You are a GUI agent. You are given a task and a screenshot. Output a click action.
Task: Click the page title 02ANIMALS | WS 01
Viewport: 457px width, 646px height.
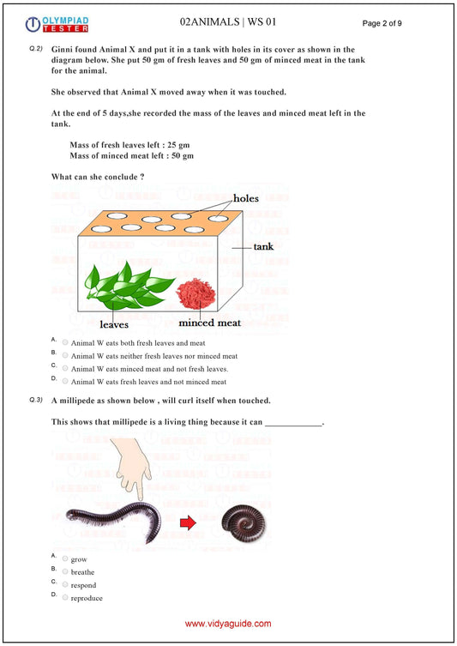tap(228, 21)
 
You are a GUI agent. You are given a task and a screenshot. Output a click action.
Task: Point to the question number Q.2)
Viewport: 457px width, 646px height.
tap(36, 50)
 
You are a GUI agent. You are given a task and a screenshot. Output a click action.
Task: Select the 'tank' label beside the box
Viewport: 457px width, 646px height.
tap(265, 246)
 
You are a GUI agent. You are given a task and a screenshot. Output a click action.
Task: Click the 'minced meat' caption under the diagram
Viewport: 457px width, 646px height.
tap(209, 323)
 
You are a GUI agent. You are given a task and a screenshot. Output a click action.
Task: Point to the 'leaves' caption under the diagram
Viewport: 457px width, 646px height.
tap(114, 325)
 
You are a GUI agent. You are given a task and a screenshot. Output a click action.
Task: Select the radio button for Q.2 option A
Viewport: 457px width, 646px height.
tap(65, 341)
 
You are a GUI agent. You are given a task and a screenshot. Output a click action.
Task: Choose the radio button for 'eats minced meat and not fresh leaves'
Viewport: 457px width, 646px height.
tap(65, 367)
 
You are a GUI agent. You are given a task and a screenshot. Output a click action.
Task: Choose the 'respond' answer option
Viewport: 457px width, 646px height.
tap(83, 585)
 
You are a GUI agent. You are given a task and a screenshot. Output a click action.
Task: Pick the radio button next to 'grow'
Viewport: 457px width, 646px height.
tap(65, 558)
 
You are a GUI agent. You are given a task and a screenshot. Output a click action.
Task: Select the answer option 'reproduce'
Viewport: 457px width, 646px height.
tap(87, 598)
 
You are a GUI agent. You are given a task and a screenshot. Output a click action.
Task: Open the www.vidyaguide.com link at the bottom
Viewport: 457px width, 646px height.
tap(228, 625)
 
